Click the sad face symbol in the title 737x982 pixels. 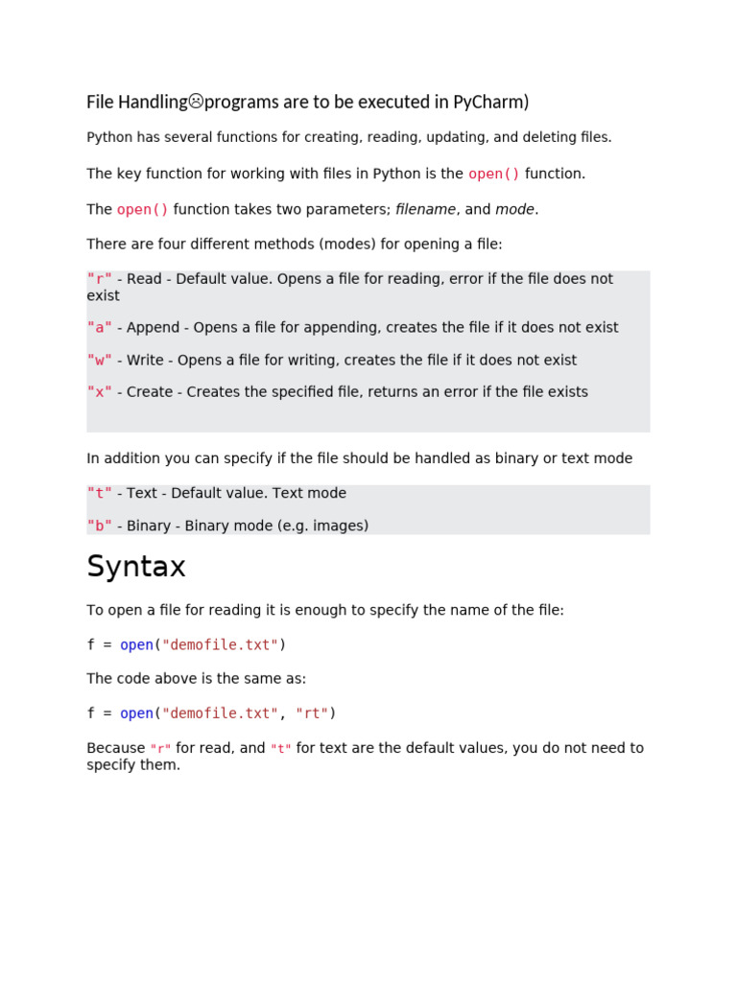click(196, 101)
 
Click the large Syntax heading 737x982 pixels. click(136, 567)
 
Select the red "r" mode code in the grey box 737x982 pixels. click(100, 279)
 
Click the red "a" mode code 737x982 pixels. click(100, 328)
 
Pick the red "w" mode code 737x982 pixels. click(100, 361)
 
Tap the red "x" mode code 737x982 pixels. click(100, 392)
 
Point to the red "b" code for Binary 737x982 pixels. click(100, 526)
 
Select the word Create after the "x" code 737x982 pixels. click(150, 392)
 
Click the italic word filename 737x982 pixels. click(425, 210)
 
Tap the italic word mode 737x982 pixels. click(514, 210)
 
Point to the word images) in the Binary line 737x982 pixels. click(341, 526)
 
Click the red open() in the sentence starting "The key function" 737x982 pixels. click(494, 174)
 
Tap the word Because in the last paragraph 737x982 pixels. click(116, 748)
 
